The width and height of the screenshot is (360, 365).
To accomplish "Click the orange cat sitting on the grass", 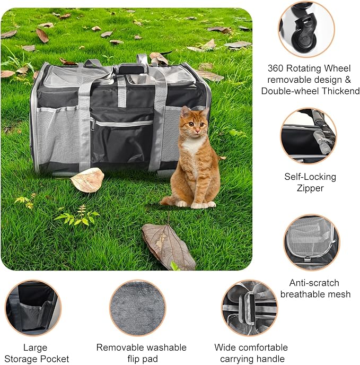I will pyautogui.click(x=195, y=159).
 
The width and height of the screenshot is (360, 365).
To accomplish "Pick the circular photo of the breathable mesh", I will pyautogui.click(x=311, y=242).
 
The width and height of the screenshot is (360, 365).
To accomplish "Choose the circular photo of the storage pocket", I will pyautogui.click(x=33, y=308).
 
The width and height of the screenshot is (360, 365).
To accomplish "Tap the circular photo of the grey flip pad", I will pyautogui.click(x=137, y=308).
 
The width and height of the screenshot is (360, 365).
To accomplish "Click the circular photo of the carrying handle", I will pyautogui.click(x=249, y=308).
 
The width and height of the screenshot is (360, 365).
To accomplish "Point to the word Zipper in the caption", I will pyautogui.click(x=310, y=188).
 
